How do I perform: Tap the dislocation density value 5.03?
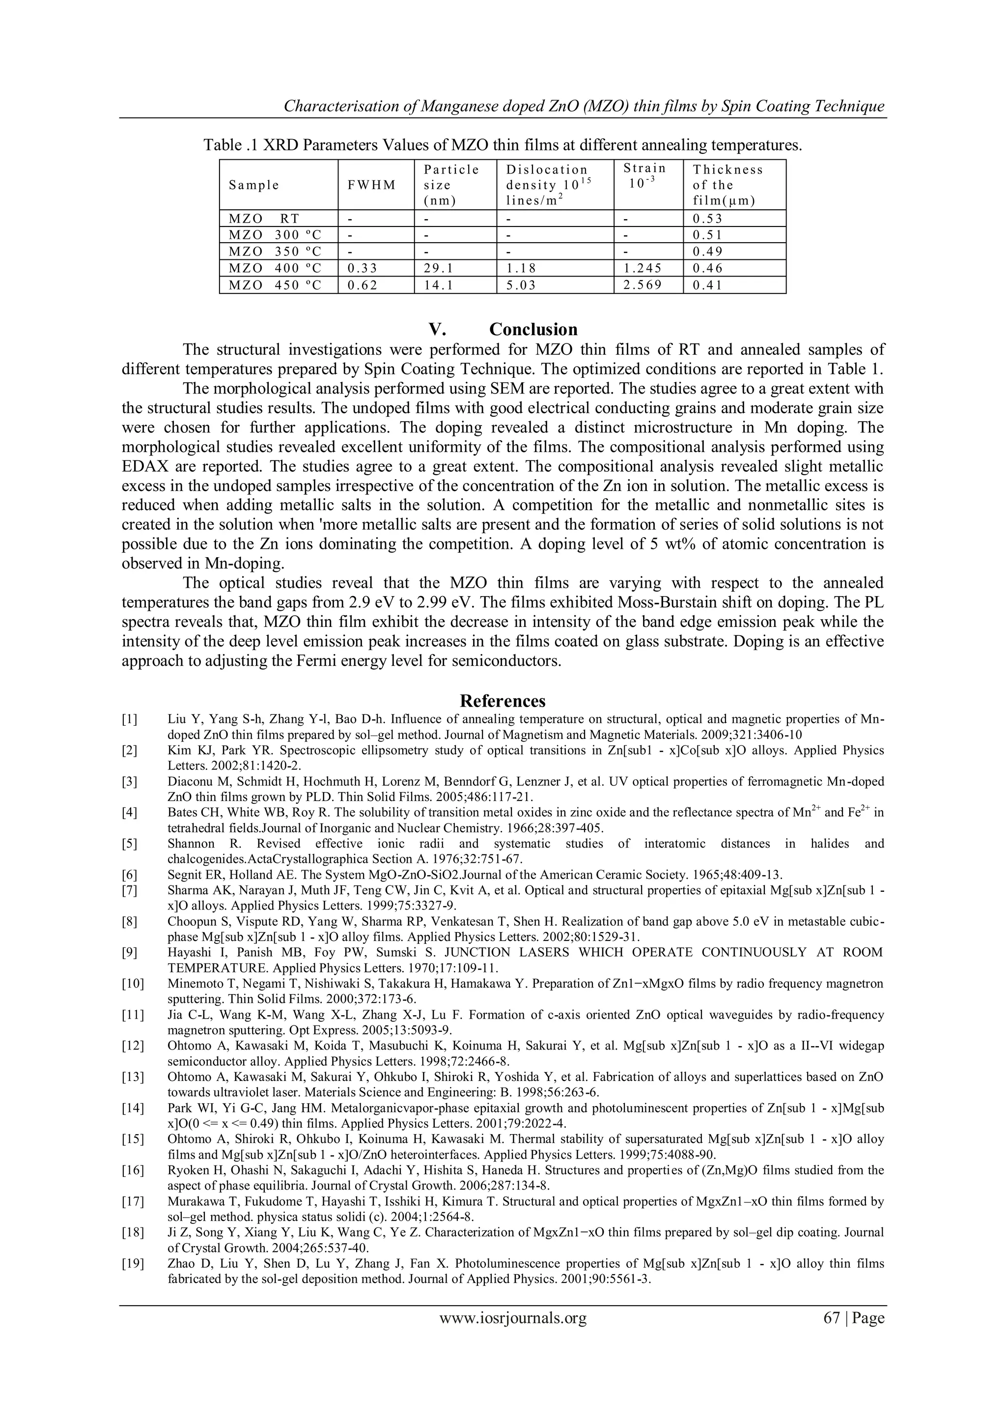[x=520, y=285]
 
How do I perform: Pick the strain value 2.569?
[x=641, y=285]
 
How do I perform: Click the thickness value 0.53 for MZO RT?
[x=707, y=219]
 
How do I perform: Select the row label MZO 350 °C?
[x=275, y=252]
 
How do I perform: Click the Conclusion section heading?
[x=533, y=329]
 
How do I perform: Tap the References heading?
[x=503, y=701]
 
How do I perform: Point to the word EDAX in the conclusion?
[x=146, y=466]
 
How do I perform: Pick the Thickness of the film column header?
[x=728, y=185]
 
